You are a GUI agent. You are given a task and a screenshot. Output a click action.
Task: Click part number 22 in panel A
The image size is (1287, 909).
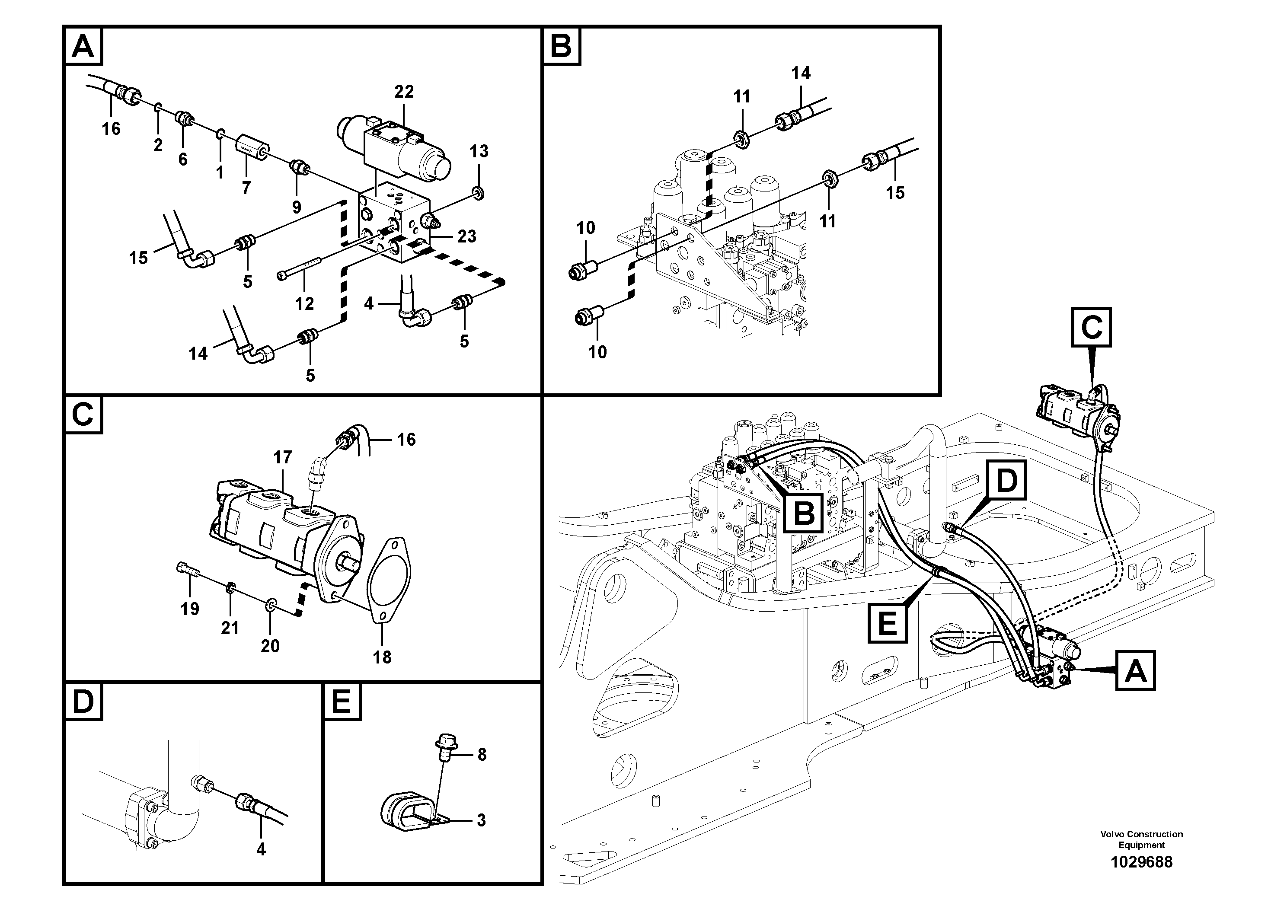404,91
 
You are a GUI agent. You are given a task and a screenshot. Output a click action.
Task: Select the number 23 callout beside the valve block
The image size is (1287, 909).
466,236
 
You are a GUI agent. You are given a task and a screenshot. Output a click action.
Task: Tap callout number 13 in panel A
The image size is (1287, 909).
479,151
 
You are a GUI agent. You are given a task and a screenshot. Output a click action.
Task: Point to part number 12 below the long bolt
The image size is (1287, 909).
304,304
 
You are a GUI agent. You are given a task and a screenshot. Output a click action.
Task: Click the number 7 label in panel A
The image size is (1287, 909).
246,188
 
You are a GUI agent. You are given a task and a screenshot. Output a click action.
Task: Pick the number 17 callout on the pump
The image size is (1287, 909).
282,457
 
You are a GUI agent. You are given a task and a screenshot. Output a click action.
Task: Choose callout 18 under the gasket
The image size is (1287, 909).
382,657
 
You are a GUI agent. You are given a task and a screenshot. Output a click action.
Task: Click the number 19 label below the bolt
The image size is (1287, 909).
189,609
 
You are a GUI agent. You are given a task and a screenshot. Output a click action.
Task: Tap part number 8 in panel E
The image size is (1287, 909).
482,755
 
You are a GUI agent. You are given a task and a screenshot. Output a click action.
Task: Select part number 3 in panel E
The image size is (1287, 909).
481,820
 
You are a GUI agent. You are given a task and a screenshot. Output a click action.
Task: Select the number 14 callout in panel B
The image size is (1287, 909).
801,73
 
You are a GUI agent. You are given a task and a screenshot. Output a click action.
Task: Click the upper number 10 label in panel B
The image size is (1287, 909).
586,228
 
